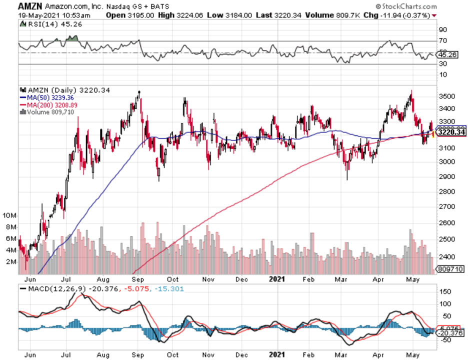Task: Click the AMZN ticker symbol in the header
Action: (x=29, y=6)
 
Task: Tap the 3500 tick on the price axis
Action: (x=446, y=96)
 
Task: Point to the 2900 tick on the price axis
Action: (x=446, y=176)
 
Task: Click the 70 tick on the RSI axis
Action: (x=443, y=40)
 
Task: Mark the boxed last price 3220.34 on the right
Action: (x=451, y=132)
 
